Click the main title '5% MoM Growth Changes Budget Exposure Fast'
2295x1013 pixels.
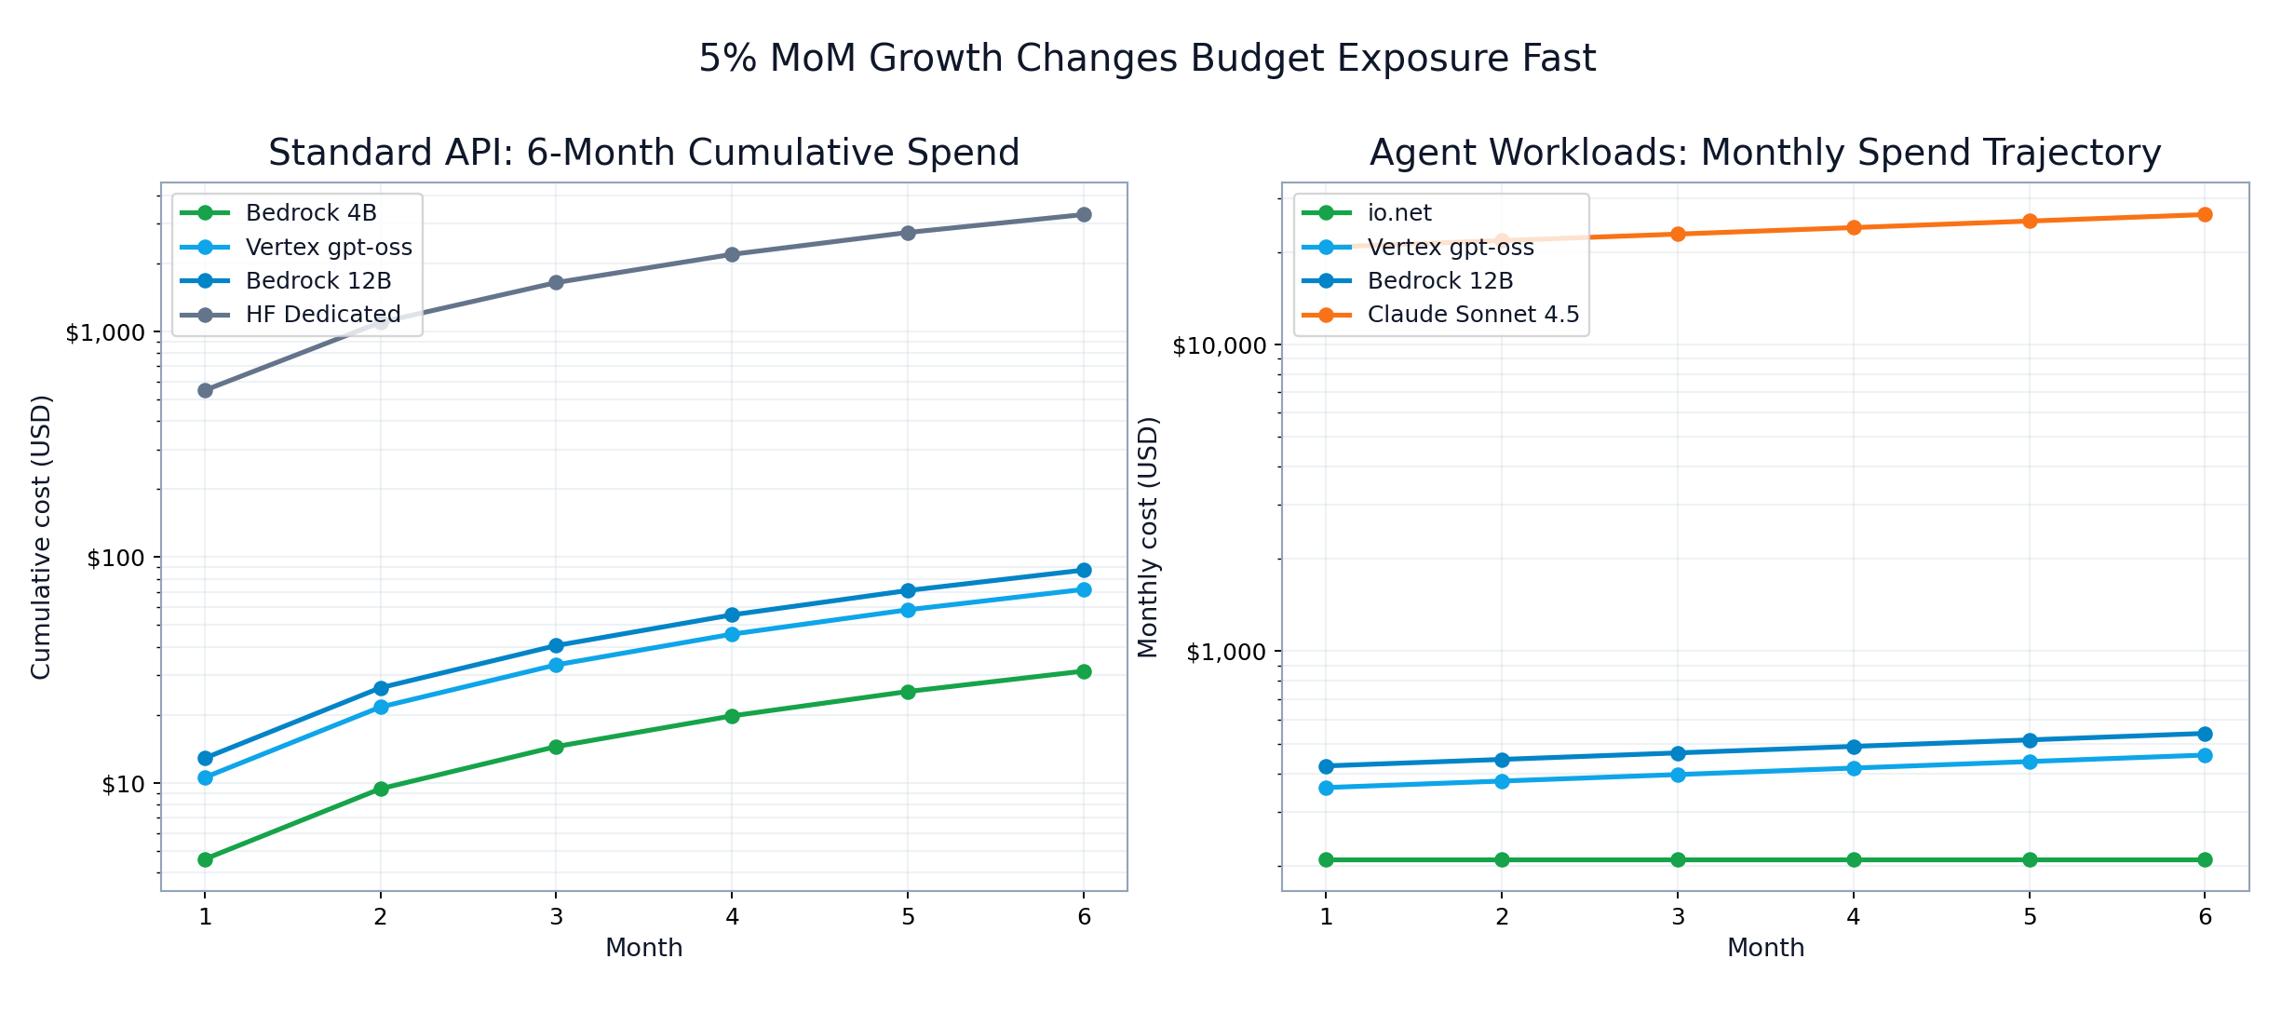point(1147,59)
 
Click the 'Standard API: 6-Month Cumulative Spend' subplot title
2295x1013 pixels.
point(643,154)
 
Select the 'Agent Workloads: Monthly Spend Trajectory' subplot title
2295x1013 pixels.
point(1764,154)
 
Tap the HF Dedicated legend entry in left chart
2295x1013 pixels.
point(322,315)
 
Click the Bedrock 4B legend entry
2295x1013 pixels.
point(311,213)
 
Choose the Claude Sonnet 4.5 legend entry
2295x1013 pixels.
point(1472,315)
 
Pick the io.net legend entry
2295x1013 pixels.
point(1398,213)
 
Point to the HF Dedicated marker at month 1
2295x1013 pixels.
point(205,390)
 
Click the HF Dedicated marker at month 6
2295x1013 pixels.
point(1084,215)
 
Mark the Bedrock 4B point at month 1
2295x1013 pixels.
point(205,859)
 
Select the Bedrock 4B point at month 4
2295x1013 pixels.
point(732,716)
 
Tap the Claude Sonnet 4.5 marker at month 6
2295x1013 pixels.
point(2205,215)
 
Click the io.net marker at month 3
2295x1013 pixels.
point(1678,859)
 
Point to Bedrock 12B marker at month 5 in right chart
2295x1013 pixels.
point(2030,740)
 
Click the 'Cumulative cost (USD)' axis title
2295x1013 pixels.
point(41,537)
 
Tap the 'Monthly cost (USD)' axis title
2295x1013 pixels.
point(1148,537)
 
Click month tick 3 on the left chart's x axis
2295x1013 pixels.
point(556,917)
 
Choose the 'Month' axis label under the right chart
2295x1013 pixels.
point(1765,948)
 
